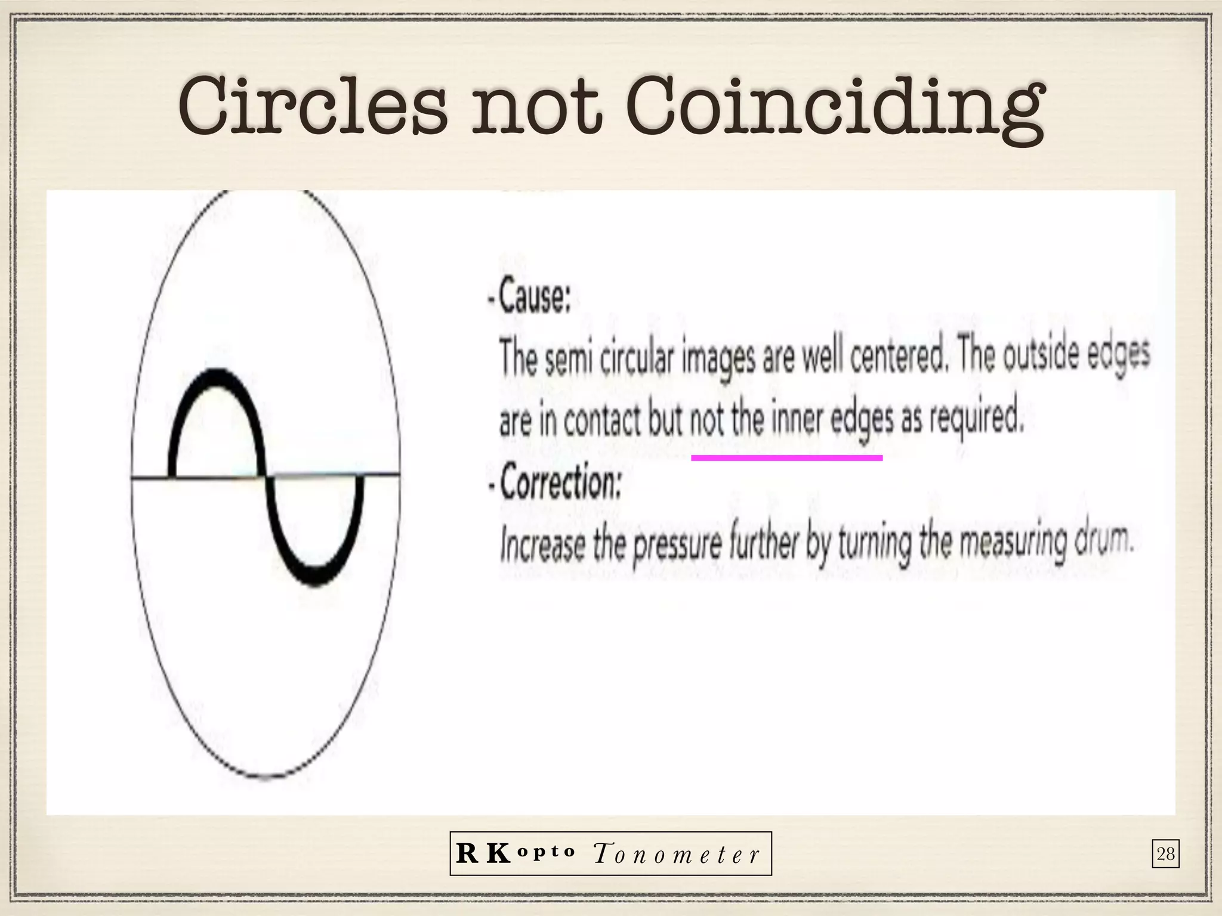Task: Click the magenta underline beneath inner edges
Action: coord(786,458)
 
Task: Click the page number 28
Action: coord(1165,855)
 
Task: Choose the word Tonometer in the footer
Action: coord(677,855)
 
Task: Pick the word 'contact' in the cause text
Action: coord(602,422)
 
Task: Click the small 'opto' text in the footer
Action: coord(548,851)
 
